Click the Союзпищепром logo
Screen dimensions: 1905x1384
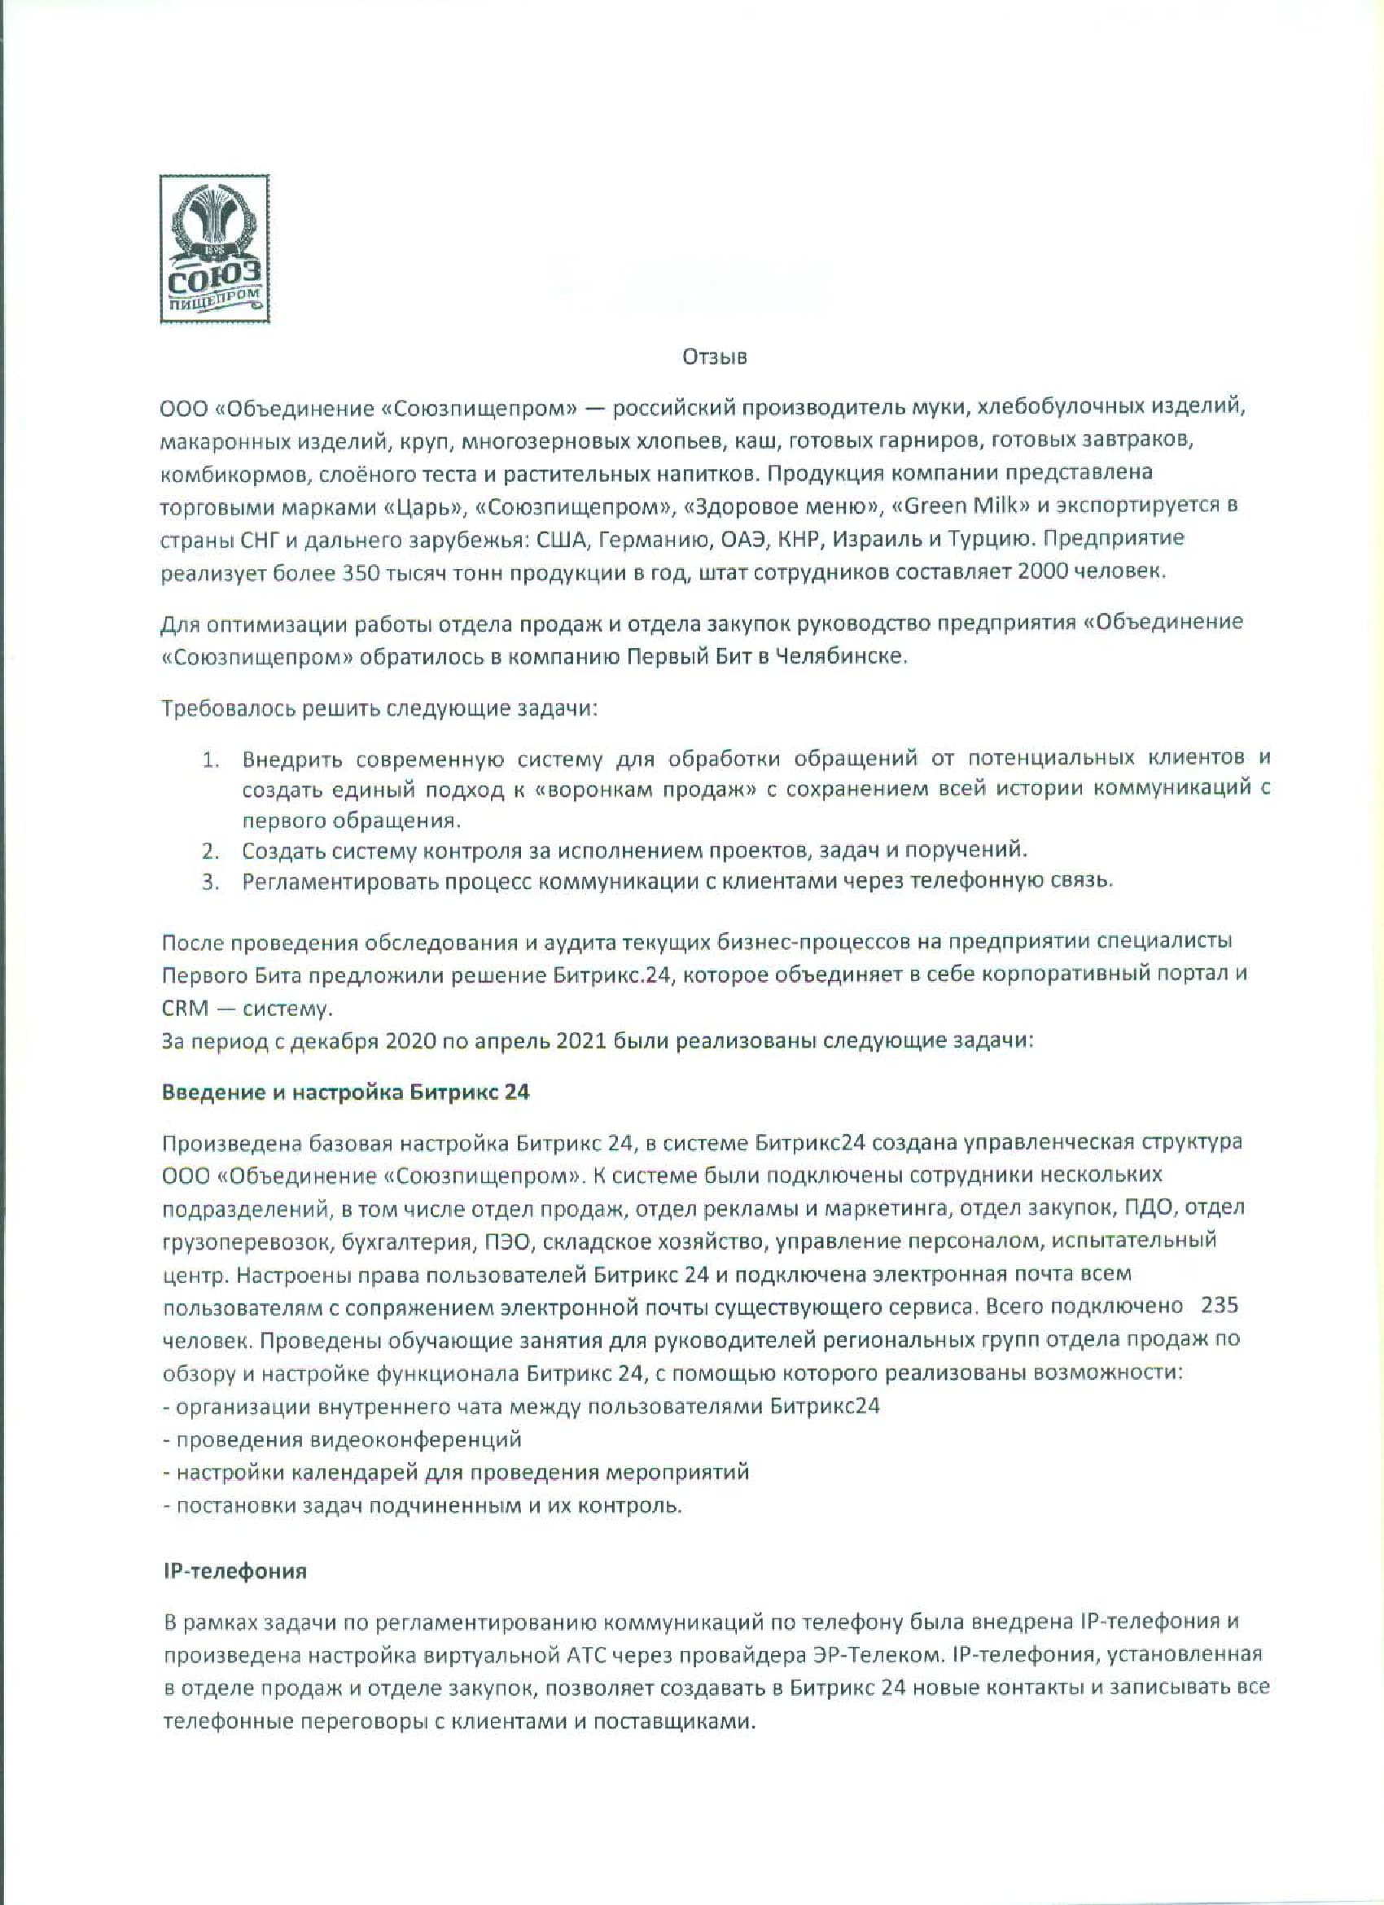[x=215, y=249]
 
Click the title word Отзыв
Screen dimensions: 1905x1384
[x=714, y=357]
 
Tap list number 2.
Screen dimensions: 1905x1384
[x=210, y=851]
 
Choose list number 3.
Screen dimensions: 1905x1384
[x=210, y=882]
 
